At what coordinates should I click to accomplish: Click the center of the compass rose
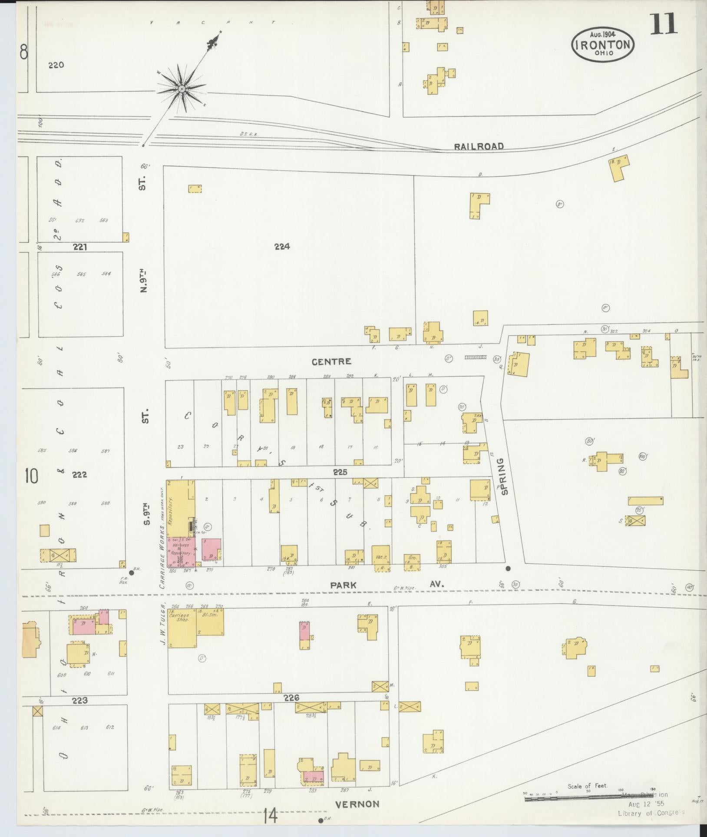[x=182, y=89]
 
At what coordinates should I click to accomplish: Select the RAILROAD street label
[x=479, y=146]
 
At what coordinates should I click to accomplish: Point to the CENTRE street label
[x=331, y=361]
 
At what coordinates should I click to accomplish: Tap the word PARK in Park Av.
[x=343, y=585]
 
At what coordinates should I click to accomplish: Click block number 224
[x=282, y=247]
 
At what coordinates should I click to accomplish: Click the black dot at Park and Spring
[x=508, y=568]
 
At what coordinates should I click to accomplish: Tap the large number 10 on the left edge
[x=31, y=476]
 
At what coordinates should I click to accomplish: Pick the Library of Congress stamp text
[x=651, y=813]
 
